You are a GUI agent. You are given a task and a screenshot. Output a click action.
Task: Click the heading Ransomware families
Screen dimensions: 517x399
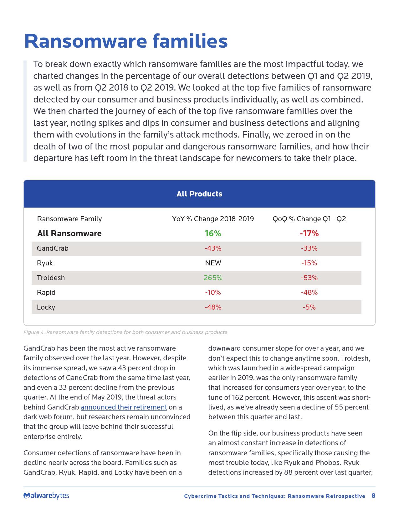(126, 41)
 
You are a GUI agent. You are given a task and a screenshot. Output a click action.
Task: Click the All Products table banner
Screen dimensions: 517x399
(199, 194)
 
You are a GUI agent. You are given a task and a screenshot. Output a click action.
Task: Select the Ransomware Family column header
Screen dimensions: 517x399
(69, 219)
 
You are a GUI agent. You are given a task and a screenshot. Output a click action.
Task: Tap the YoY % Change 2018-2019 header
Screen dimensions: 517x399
(213, 219)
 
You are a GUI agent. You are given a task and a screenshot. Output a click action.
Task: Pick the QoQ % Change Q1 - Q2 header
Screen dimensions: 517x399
(309, 219)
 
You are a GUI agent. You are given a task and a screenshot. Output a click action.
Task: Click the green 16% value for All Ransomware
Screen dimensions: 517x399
(213, 233)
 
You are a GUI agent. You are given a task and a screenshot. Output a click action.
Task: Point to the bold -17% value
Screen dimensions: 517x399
(309, 233)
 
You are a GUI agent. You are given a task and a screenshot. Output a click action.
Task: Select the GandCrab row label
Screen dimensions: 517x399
(53, 248)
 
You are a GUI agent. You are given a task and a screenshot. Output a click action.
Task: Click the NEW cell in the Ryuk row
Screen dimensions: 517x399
(213, 263)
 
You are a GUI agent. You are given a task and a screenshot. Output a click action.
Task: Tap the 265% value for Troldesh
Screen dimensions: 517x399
(213, 278)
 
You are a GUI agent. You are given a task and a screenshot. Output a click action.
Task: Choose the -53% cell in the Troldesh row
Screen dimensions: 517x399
(309, 278)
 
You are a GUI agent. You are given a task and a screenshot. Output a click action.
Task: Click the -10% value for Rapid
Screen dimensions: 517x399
(213, 292)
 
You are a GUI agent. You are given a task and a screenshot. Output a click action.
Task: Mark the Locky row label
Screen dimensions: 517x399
(46, 307)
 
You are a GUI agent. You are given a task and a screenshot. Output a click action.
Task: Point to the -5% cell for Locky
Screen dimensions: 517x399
(309, 307)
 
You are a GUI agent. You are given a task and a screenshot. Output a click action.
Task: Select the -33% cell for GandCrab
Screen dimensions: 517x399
(309, 248)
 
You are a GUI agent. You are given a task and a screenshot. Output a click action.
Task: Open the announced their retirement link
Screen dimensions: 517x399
(124, 407)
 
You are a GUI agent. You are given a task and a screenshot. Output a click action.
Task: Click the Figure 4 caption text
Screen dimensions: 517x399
(125, 332)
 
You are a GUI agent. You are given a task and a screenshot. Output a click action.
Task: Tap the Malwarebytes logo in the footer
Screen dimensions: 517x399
(46, 495)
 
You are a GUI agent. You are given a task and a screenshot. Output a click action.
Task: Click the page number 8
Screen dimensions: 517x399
(373, 496)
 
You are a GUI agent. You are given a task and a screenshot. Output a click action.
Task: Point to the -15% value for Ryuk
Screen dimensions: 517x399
(309, 263)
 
